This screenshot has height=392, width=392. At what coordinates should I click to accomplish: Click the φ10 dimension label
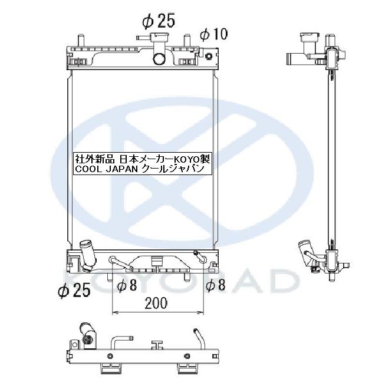[213, 34]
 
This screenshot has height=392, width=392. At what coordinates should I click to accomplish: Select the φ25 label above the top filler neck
[159, 21]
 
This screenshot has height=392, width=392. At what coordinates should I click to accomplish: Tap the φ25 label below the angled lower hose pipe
[74, 290]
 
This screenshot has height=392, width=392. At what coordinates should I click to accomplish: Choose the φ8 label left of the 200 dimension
[127, 286]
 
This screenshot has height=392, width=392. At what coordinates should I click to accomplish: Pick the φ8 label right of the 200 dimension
[216, 286]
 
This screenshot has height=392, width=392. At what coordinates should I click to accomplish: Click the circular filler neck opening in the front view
[159, 58]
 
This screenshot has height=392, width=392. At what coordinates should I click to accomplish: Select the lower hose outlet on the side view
[307, 253]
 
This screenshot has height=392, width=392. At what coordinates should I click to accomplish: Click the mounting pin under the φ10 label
[187, 42]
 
